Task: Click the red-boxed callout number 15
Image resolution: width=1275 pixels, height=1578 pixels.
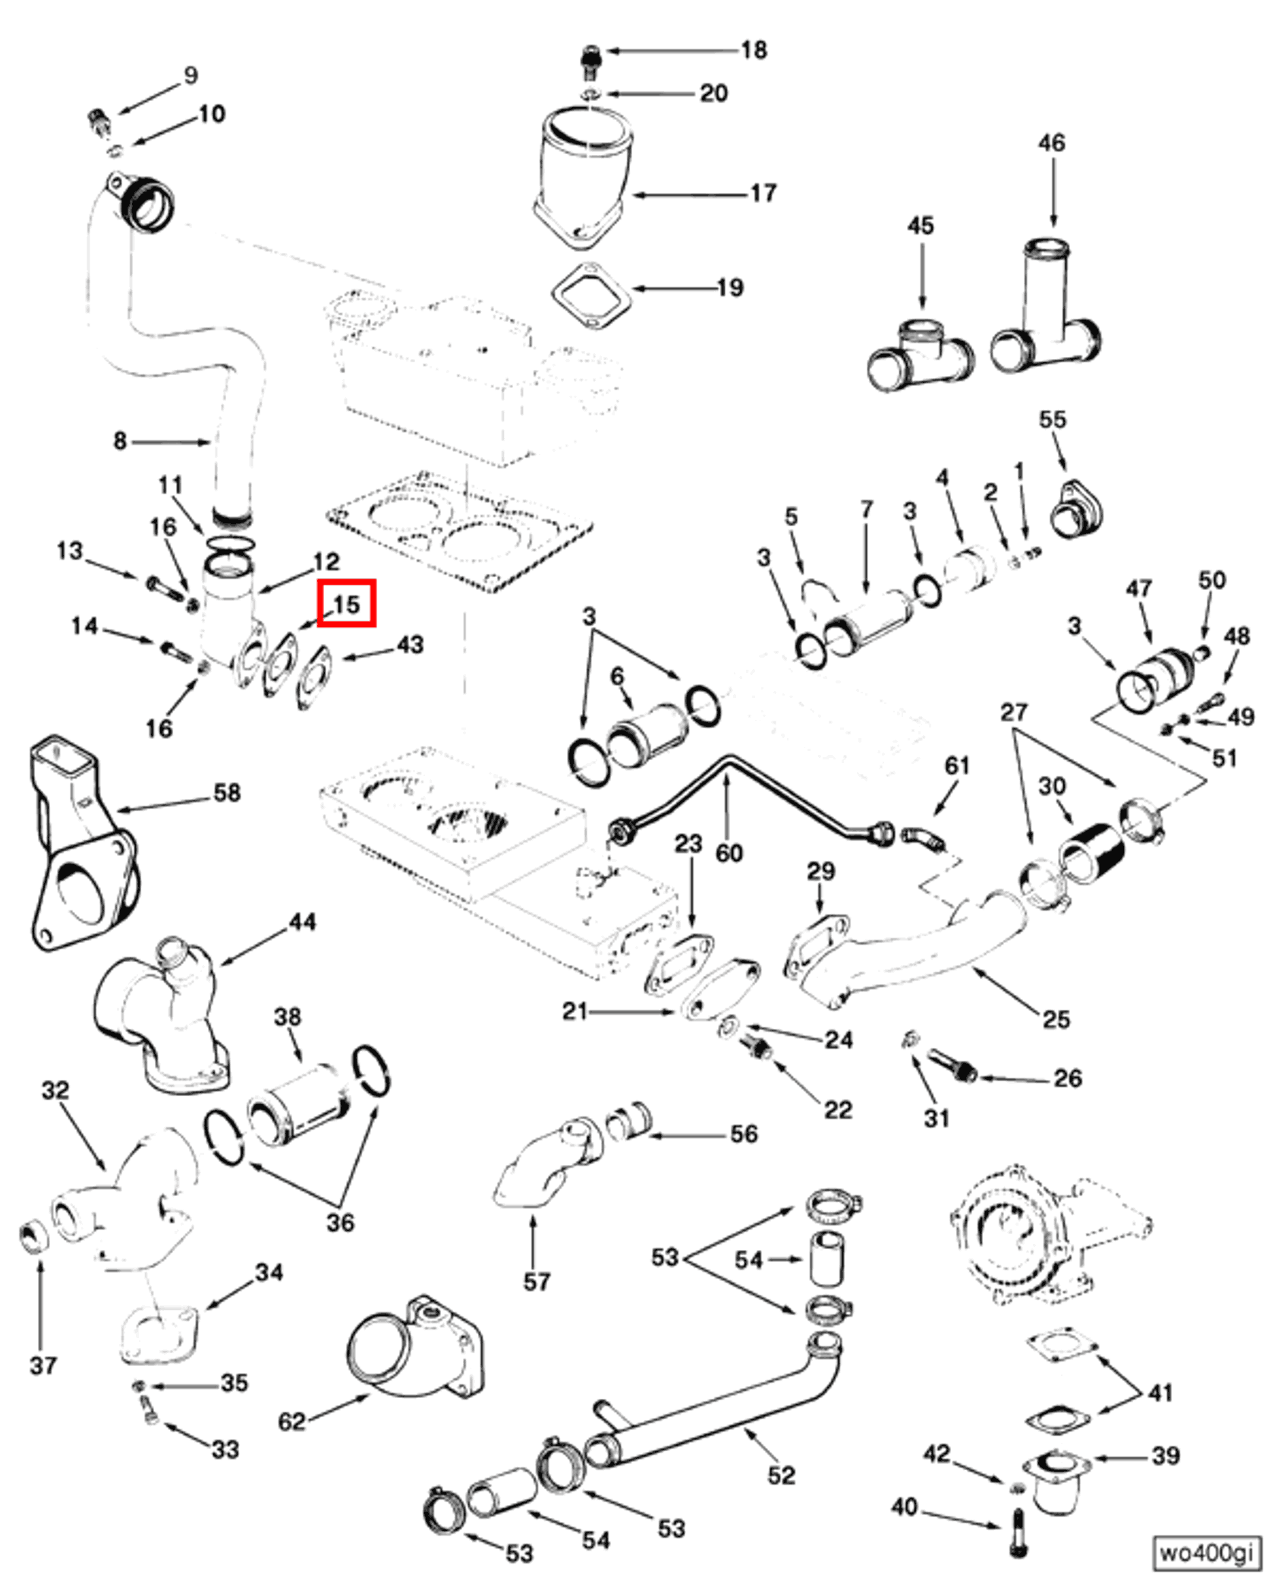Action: point(346,604)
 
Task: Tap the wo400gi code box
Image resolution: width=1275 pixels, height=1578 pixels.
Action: point(1205,1552)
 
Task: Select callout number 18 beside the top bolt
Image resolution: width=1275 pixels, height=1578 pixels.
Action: point(754,50)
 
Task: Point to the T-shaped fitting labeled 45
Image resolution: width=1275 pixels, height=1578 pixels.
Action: point(920,353)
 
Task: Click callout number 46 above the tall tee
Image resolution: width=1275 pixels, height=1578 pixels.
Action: point(1051,143)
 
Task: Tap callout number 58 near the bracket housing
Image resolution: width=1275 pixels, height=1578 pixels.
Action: point(227,793)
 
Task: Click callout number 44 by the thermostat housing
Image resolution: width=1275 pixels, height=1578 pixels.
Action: point(302,923)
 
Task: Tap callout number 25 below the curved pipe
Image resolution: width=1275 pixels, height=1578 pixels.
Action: point(1056,1018)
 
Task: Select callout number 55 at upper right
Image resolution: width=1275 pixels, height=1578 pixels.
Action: point(1052,419)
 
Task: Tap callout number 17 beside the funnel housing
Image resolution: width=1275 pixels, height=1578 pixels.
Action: point(763,194)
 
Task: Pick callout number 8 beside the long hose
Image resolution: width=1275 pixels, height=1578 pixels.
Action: point(120,440)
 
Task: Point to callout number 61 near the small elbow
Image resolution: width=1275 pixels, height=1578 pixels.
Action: point(956,765)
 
